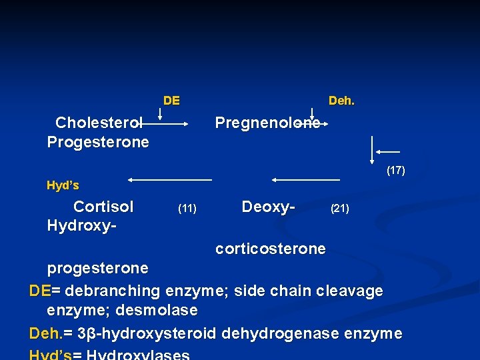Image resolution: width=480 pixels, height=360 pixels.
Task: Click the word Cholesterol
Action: coord(99,123)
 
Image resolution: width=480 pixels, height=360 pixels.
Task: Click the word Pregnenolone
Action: coord(267,123)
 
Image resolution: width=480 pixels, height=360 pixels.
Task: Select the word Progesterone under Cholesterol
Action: coord(98,142)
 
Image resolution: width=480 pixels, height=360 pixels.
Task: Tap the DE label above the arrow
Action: coord(171,101)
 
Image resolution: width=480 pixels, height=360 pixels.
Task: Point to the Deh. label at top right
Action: coord(341,101)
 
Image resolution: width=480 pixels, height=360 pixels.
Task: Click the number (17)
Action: coord(395,171)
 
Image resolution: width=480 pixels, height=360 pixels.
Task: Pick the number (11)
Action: coord(187,209)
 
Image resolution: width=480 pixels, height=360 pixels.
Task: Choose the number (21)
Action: coord(340,209)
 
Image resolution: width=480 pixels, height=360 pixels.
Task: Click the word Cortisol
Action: coord(103,207)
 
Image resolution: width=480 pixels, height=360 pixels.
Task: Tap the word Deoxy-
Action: coord(268,207)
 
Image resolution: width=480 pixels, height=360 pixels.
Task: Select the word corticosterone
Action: coord(270,249)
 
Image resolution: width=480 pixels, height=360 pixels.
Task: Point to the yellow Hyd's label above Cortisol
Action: coord(63,185)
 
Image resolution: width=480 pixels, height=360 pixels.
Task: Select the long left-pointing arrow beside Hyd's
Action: coord(170,179)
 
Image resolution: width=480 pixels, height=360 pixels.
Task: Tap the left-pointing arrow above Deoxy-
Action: coord(305,179)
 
